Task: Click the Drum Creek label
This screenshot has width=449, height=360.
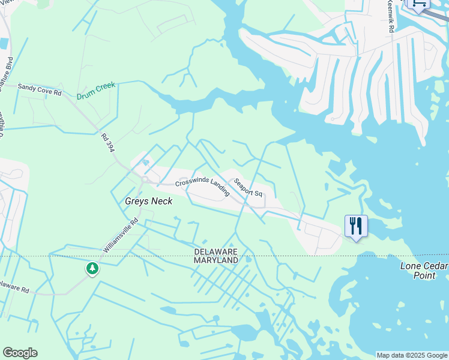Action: click(95, 91)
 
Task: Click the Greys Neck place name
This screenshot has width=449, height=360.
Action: click(148, 201)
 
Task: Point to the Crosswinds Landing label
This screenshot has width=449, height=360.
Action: click(202, 187)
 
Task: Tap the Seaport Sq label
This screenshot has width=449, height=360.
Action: click(248, 187)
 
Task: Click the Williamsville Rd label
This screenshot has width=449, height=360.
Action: click(120, 235)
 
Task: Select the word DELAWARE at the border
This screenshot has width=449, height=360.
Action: click(215, 251)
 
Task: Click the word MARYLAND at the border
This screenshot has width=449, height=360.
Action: click(215, 260)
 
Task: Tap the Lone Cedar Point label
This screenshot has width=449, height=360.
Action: click(424, 270)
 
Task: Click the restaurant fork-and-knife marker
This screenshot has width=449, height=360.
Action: click(356, 226)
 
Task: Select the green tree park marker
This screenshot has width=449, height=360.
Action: click(92, 268)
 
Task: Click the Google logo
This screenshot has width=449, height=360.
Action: click(20, 353)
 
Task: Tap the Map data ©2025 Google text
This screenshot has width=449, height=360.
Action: click(412, 355)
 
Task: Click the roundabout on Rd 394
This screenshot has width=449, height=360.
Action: click(145, 179)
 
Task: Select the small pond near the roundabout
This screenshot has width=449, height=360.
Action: click(145, 162)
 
